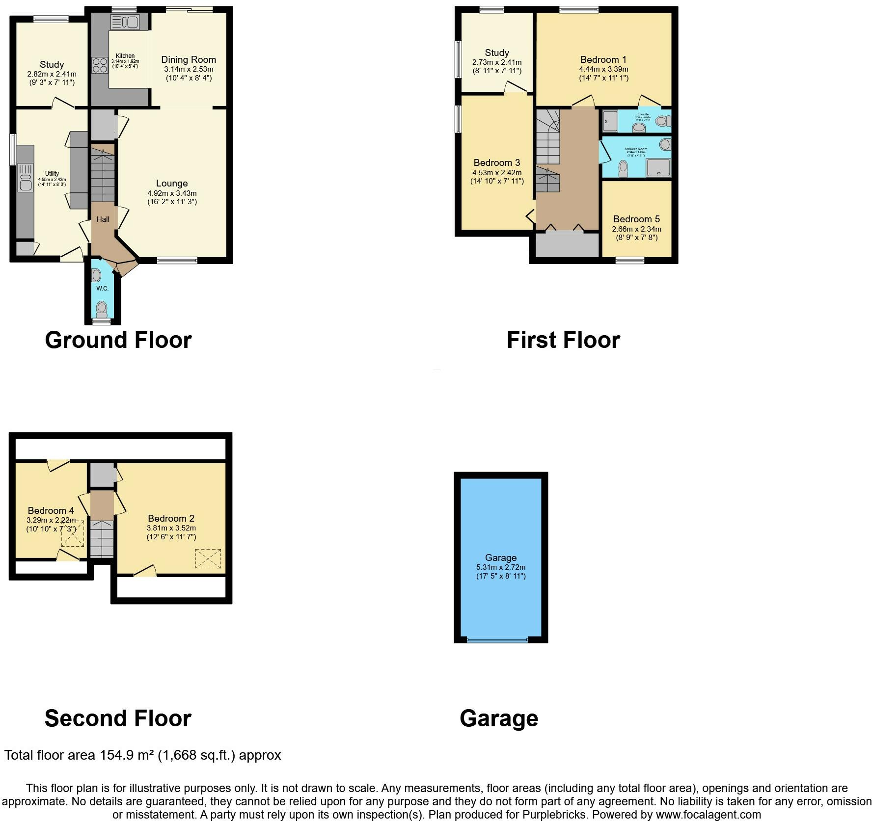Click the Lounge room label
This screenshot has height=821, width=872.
[172, 184]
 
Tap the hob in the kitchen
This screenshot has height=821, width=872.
[100, 65]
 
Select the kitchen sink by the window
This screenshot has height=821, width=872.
[126, 22]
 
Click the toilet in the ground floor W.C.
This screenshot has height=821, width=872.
[102, 309]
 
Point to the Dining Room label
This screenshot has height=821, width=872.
[189, 60]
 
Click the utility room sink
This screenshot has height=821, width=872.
[24, 178]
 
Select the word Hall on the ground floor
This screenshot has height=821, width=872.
[103, 219]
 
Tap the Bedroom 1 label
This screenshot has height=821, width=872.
[603, 60]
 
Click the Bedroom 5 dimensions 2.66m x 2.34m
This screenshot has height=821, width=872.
[636, 229]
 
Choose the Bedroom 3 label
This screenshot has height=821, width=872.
[496, 163]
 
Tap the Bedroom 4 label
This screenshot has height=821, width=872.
[51, 511]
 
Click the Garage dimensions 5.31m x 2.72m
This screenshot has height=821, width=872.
[500, 567]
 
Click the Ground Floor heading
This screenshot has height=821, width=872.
[118, 340]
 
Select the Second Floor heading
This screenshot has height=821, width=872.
[118, 718]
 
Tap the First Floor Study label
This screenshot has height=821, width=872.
[496, 53]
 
